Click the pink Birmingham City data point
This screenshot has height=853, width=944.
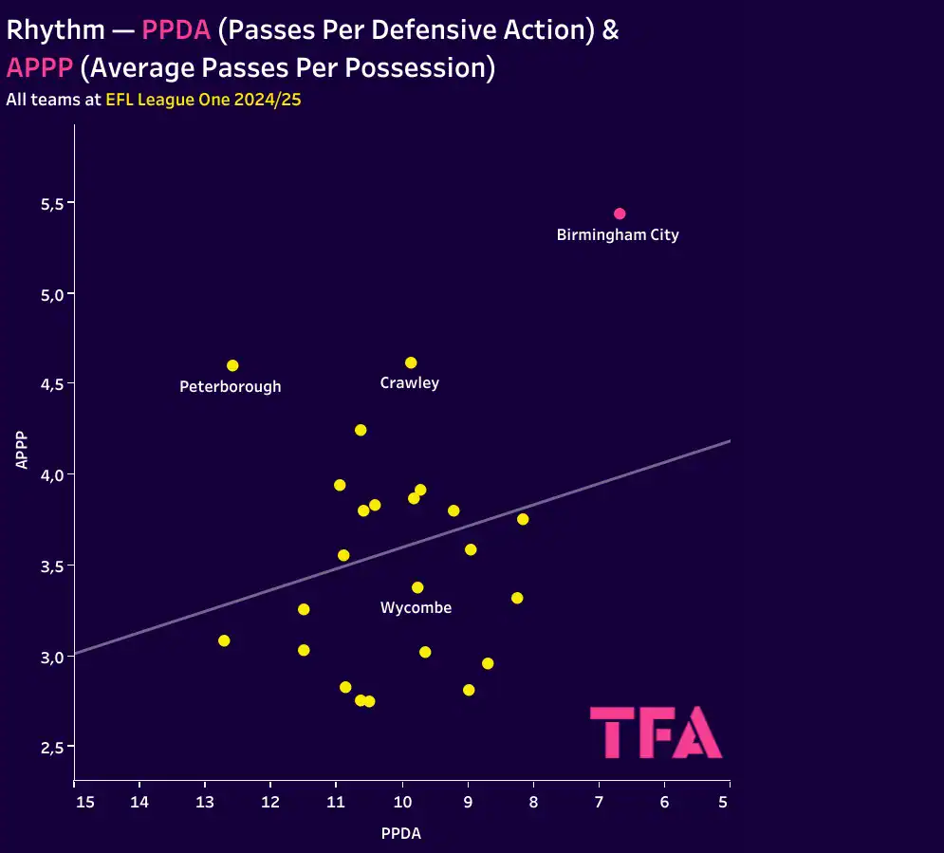[x=620, y=213]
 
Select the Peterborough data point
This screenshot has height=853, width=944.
[x=232, y=365]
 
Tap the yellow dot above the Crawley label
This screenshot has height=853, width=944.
[x=411, y=362]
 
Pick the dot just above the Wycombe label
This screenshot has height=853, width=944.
[x=417, y=587]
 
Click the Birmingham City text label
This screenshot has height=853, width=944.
[x=618, y=235]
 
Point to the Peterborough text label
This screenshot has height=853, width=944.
[x=231, y=387]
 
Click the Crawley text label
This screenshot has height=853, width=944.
[x=410, y=383]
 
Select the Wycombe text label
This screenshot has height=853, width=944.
[x=416, y=608]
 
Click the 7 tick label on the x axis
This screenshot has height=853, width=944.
[x=599, y=803]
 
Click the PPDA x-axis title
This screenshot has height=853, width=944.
[x=401, y=834]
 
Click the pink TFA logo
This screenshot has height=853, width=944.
[x=656, y=732]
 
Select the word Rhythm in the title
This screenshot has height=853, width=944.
[x=55, y=29]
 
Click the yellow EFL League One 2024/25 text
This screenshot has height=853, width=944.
[x=203, y=99]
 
